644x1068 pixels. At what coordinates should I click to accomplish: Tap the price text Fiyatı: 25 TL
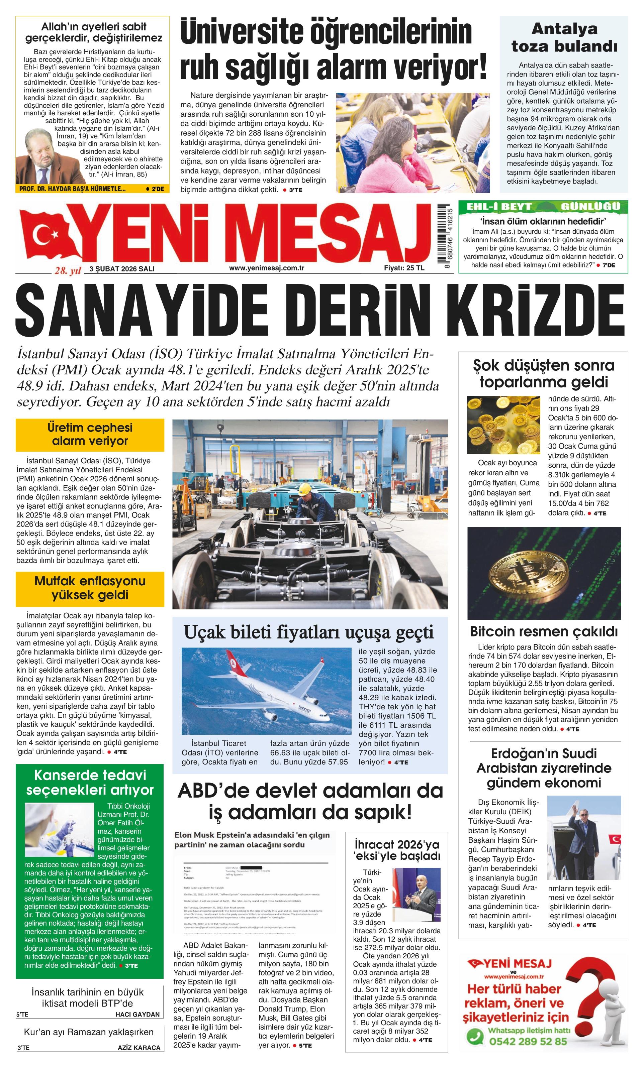404,268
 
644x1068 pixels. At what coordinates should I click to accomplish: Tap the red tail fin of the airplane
233,659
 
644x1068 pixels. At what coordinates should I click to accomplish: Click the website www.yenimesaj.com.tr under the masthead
266,268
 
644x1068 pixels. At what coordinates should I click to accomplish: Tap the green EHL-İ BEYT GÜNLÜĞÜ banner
543,206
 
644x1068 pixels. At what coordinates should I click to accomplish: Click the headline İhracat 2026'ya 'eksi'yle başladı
396,850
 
